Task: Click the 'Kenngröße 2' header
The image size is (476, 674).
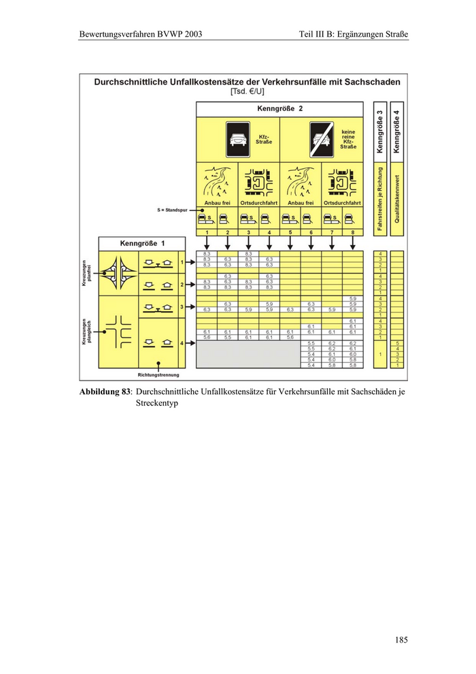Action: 279,109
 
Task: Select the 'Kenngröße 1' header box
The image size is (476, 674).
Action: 142,243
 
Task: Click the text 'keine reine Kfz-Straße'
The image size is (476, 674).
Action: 349,139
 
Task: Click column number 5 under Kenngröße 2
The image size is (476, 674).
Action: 290,233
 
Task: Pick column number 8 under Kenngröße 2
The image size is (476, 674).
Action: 352,233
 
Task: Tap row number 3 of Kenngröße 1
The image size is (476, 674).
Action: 182,307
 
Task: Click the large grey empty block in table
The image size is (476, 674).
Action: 248,355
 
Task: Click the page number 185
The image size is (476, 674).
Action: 401,639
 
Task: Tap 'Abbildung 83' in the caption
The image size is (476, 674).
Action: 105,394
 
